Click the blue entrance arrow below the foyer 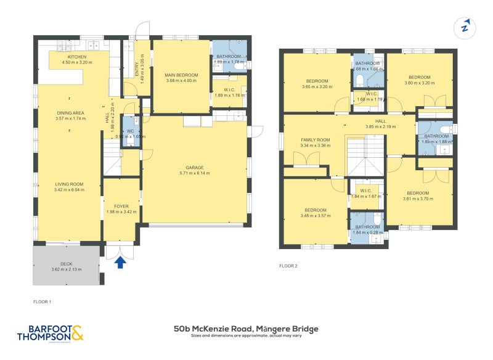point(121,263)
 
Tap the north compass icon point(466,27)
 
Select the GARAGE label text point(195,167)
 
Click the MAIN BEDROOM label point(181,75)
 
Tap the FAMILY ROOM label point(315,140)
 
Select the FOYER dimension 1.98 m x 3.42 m point(120,212)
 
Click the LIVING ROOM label point(68,184)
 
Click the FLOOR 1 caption point(42,301)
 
